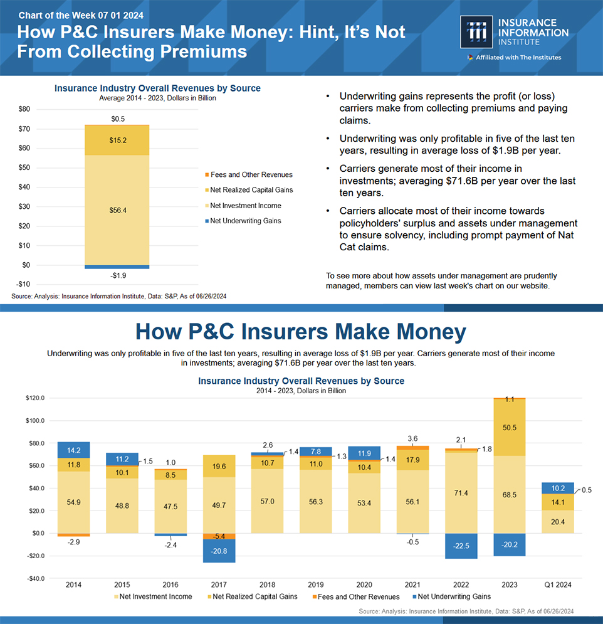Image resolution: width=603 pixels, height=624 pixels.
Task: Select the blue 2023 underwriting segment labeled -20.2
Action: click(x=509, y=544)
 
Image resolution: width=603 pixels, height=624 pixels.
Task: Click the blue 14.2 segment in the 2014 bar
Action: click(x=73, y=450)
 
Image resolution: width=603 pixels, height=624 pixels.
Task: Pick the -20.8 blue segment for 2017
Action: click(x=219, y=551)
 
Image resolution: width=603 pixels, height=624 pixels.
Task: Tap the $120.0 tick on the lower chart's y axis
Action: click(x=35, y=398)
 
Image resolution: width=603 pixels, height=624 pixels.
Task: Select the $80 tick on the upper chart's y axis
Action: click(x=24, y=109)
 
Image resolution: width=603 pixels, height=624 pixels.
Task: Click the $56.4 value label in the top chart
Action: click(x=118, y=210)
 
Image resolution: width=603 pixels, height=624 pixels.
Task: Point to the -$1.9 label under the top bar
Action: click(x=118, y=275)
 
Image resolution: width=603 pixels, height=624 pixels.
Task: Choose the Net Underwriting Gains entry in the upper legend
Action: click(x=245, y=221)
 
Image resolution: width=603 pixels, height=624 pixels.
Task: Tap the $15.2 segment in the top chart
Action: click(x=118, y=140)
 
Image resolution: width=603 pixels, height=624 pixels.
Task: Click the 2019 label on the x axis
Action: click(x=316, y=585)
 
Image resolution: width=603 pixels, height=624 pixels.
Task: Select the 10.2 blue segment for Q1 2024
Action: click(x=558, y=488)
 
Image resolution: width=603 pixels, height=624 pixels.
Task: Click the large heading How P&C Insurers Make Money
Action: click(x=301, y=332)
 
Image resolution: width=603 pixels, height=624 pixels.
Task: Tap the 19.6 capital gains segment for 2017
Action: click(x=219, y=466)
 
